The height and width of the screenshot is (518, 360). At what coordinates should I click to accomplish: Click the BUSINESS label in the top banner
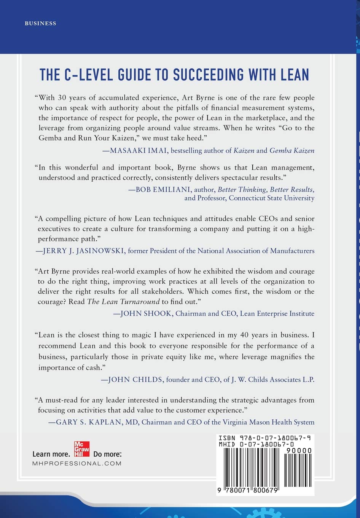pyautogui.click(x=40, y=24)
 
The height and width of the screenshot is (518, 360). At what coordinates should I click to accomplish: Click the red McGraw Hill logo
pyautogui.click(x=81, y=449)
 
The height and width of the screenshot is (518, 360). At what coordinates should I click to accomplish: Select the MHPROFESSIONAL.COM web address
pyautogui.click(x=77, y=464)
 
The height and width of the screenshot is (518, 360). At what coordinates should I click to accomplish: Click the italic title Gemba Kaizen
pyautogui.click(x=292, y=150)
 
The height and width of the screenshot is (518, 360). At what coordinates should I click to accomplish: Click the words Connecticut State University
pyautogui.click(x=271, y=198)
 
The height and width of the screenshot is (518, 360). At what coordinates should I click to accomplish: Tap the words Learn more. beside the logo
pyautogui.click(x=51, y=454)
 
